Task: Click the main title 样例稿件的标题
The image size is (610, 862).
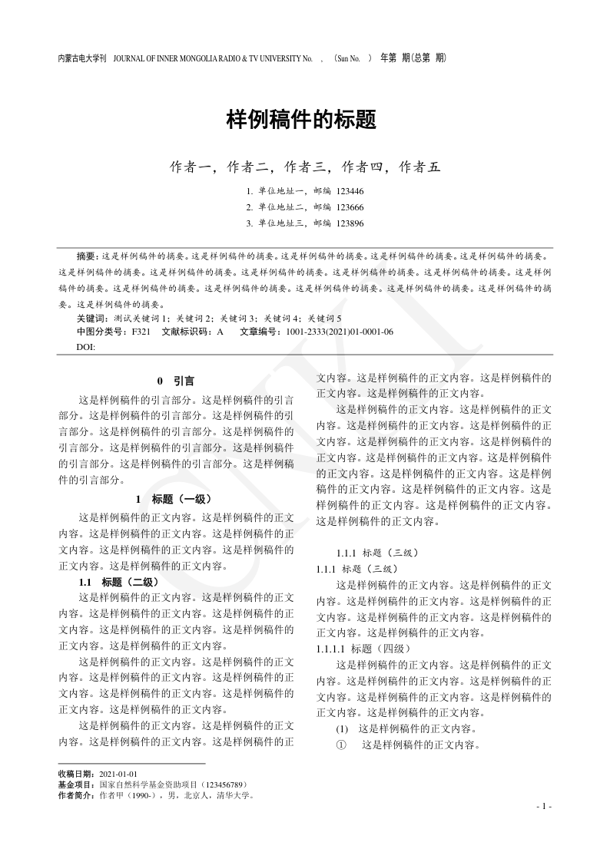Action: (301, 120)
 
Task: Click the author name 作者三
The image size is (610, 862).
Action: (304, 167)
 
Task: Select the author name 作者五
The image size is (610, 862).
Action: (419, 167)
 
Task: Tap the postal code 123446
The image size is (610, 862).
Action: (350, 191)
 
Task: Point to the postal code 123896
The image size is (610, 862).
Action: (350, 223)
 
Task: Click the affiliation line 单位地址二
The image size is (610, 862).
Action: (282, 207)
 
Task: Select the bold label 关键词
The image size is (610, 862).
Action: (92, 318)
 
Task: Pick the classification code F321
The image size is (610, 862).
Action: (141, 332)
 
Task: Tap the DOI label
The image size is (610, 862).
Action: (86, 347)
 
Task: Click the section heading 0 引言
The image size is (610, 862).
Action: (175, 380)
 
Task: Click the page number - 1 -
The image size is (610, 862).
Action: (543, 807)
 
